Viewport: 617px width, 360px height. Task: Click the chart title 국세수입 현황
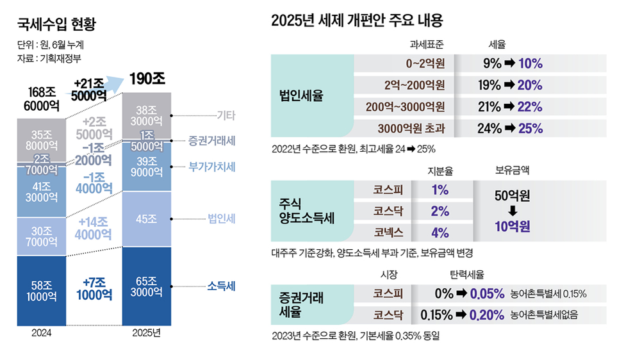(56, 25)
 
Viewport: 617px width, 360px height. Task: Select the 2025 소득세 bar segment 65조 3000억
(147, 286)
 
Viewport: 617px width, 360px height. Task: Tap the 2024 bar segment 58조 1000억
(41, 291)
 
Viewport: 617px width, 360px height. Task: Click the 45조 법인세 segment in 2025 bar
(147, 219)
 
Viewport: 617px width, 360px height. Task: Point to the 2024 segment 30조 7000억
(41, 237)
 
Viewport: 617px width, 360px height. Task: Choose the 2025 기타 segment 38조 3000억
(147, 115)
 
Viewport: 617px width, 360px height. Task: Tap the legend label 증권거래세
(212, 140)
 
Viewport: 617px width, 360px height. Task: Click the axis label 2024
(41, 333)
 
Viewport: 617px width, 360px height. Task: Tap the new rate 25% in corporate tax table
(530, 127)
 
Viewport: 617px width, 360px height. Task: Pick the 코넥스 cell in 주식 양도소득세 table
(390, 232)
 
